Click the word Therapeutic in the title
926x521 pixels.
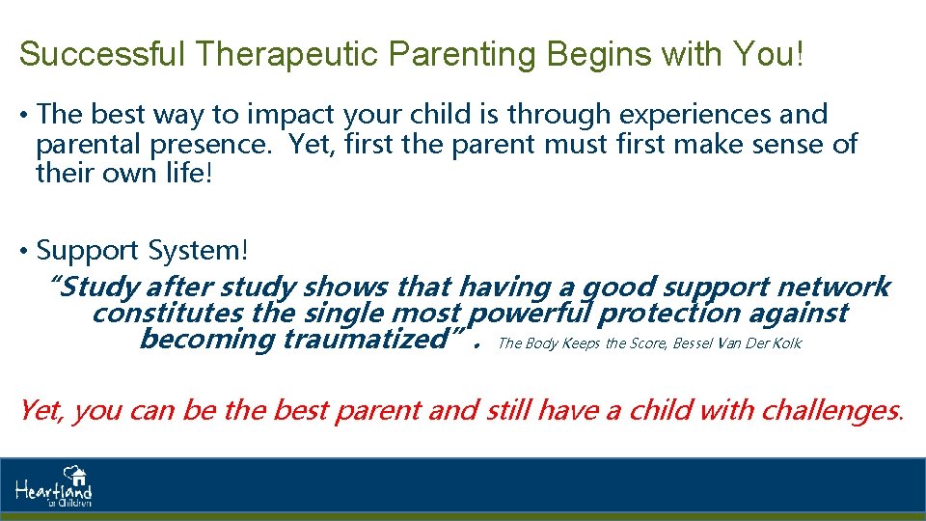(x=287, y=54)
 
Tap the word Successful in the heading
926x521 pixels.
(x=102, y=53)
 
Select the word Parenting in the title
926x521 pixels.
(x=462, y=54)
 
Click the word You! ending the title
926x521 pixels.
(x=769, y=53)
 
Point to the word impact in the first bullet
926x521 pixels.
(x=290, y=115)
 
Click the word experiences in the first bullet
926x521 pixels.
(x=694, y=115)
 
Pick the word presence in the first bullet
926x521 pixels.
(x=209, y=145)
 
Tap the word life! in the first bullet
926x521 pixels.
(x=188, y=173)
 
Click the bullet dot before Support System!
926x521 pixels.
(x=23, y=251)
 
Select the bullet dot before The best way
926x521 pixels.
(x=23, y=115)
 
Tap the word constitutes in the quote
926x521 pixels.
(x=167, y=313)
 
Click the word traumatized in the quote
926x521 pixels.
(x=367, y=339)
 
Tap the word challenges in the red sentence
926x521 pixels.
(x=831, y=411)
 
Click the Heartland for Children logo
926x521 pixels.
(x=54, y=486)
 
